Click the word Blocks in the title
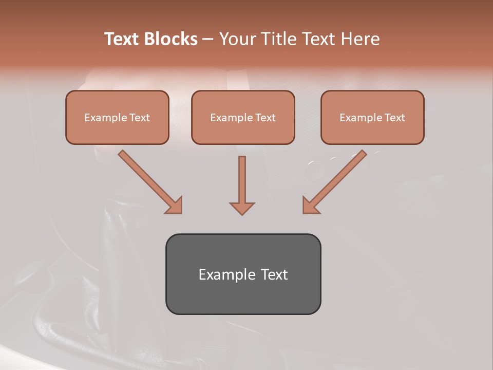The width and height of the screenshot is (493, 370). [172, 39]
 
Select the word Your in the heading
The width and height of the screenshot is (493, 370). [237, 39]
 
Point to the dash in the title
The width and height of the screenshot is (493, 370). [208, 40]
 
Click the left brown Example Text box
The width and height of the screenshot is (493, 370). [117, 117]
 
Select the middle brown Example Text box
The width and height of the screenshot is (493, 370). [243, 117]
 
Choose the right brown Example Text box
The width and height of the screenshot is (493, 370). [372, 117]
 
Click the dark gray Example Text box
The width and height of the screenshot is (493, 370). [243, 274]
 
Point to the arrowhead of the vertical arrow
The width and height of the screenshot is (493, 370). [242, 208]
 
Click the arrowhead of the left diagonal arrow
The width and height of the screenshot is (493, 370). [175, 206]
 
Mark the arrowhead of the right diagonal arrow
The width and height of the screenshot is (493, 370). [310, 206]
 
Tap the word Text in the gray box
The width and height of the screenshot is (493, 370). [275, 274]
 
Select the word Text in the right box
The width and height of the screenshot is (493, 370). [394, 118]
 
